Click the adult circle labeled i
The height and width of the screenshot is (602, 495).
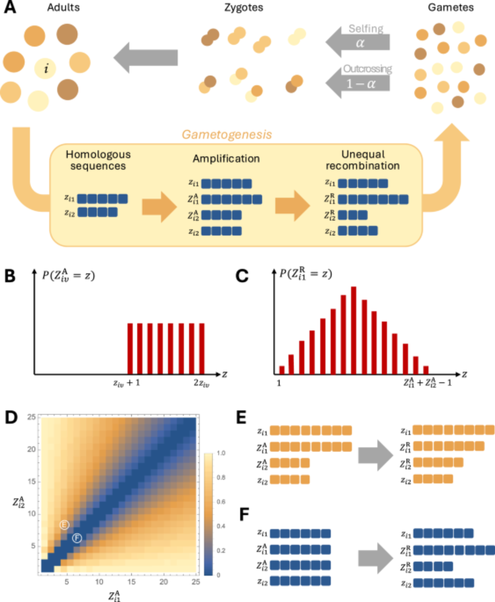pyautogui.click(x=45, y=69)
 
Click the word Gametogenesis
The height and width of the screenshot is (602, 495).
pyautogui.click(x=227, y=135)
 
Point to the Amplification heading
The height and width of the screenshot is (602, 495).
pyautogui.click(x=226, y=159)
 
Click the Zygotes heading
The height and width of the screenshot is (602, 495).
pyautogui.click(x=244, y=8)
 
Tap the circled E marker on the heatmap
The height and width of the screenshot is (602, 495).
pyautogui.click(x=64, y=525)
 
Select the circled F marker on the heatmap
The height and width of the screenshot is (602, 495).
pyautogui.click(x=77, y=538)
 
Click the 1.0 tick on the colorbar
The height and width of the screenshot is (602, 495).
pyautogui.click(x=221, y=453)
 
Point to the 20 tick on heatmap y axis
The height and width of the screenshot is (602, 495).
pyautogui.click(x=31, y=449)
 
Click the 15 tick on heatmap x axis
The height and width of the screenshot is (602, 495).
pyautogui.click(x=131, y=582)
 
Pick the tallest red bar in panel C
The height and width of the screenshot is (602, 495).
pyautogui.click(x=354, y=330)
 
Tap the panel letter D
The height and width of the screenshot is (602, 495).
pyautogui.click(x=11, y=418)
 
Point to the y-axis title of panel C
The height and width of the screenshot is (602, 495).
pyautogui.click(x=306, y=274)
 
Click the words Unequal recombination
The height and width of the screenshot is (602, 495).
pyautogui.click(x=363, y=160)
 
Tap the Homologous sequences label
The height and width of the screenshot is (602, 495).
pyautogui.click(x=98, y=160)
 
